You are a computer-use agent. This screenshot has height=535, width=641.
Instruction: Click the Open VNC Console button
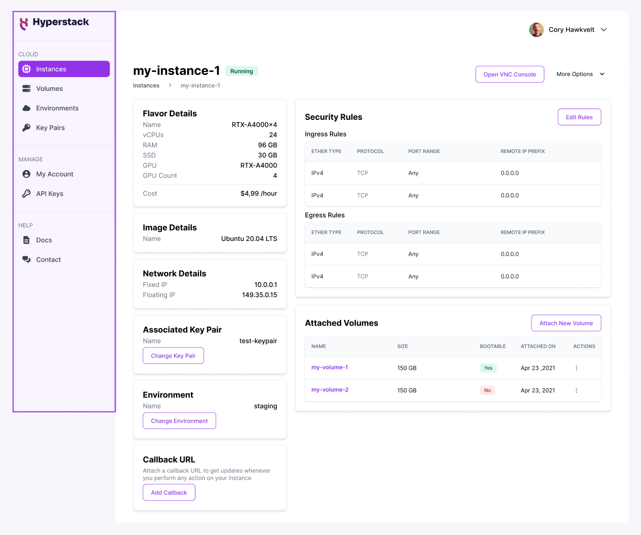click(x=509, y=74)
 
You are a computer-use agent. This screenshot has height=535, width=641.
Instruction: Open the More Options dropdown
click(x=580, y=74)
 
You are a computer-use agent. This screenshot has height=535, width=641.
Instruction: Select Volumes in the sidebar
click(x=49, y=89)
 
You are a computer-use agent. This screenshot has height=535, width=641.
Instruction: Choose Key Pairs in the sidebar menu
click(x=50, y=128)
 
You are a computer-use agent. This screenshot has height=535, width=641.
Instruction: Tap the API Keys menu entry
click(x=50, y=194)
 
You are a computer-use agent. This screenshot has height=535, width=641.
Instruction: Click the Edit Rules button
click(x=579, y=117)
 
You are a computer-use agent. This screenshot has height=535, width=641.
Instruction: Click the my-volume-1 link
click(x=329, y=368)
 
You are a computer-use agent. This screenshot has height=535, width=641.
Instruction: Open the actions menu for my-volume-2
click(x=576, y=390)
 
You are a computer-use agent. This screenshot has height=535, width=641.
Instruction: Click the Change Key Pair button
click(x=173, y=356)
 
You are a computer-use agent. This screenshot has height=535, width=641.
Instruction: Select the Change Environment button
click(x=179, y=421)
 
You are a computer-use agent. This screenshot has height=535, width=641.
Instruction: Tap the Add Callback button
click(x=169, y=493)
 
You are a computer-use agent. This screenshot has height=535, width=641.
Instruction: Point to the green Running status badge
click(x=241, y=71)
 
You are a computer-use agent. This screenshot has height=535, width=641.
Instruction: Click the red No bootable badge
click(x=487, y=390)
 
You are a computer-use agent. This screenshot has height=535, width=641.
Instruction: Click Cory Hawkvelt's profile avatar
click(x=536, y=29)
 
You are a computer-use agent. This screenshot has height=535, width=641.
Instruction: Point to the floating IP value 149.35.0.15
click(x=259, y=295)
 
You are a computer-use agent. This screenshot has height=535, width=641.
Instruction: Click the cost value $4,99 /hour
click(x=258, y=194)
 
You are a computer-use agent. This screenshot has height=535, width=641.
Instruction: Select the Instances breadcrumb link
click(x=146, y=86)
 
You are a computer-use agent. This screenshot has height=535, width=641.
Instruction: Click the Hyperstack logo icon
click(x=24, y=23)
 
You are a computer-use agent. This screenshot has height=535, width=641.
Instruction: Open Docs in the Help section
click(x=44, y=240)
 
